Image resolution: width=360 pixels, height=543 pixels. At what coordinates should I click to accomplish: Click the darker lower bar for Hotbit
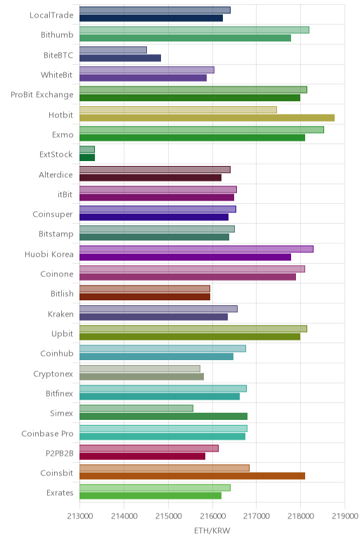(x=207, y=117)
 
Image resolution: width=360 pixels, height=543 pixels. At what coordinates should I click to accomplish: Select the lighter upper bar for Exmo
(x=202, y=130)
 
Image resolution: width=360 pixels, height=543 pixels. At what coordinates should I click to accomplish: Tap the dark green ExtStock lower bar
(x=87, y=158)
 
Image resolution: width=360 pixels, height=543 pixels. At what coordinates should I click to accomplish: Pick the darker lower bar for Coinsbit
(x=192, y=475)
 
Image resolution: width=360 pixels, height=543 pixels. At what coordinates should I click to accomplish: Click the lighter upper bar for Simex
(x=136, y=408)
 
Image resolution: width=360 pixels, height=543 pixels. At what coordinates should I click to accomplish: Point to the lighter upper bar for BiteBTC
(x=113, y=50)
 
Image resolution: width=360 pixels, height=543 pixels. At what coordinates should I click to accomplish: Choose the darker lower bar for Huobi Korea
(x=185, y=257)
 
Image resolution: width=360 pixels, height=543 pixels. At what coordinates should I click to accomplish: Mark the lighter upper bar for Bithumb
(x=194, y=30)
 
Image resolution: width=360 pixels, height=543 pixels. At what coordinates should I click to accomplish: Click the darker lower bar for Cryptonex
(x=141, y=376)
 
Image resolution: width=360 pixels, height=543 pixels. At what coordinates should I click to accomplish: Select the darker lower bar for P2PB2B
(x=142, y=456)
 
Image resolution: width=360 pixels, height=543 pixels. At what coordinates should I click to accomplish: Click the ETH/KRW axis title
(x=212, y=530)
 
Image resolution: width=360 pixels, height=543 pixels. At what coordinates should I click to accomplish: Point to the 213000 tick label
(x=80, y=516)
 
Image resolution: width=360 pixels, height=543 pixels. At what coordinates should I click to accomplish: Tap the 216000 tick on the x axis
(x=212, y=516)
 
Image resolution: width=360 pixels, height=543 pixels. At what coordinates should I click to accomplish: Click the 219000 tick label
(x=345, y=516)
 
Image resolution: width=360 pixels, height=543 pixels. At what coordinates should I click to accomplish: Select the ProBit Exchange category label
(x=42, y=95)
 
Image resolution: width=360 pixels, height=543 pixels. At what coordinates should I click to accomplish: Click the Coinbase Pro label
(x=47, y=433)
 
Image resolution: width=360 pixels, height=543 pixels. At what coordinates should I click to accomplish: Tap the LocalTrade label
(x=51, y=15)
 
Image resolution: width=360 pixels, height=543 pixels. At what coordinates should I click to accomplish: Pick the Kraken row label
(x=60, y=314)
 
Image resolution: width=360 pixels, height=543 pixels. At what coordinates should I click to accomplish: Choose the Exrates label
(x=60, y=493)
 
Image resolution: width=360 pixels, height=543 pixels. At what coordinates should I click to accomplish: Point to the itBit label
(x=65, y=194)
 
